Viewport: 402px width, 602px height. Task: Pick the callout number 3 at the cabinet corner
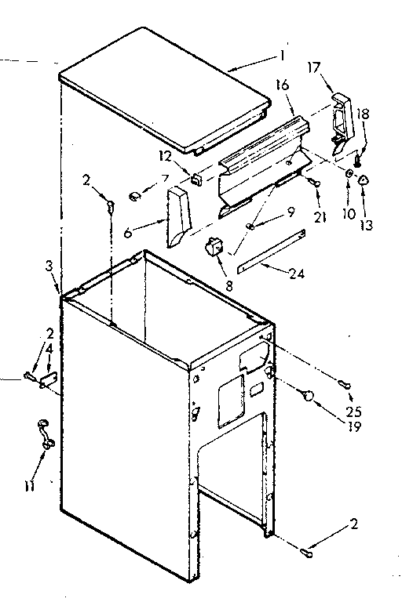(50, 268)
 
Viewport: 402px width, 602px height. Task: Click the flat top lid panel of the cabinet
(165, 86)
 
